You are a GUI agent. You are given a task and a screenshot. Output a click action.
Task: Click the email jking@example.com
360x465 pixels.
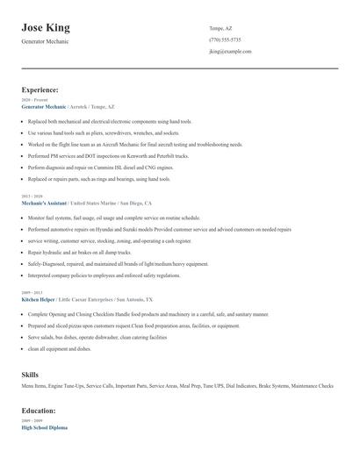[x=230, y=52]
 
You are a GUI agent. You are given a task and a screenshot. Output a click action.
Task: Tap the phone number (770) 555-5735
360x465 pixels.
[x=226, y=39]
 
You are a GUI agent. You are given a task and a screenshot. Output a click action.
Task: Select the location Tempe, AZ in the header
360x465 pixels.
[x=221, y=28]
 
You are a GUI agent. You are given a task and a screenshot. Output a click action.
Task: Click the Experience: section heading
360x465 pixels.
[x=40, y=89]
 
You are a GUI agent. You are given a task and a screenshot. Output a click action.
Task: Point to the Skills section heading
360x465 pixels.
[x=30, y=375]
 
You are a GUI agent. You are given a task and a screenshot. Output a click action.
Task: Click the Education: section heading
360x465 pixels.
[x=39, y=411]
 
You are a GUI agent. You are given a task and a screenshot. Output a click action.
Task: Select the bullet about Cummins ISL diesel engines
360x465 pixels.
[x=100, y=167]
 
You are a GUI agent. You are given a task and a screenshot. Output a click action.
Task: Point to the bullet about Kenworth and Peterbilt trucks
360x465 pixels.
[x=110, y=155]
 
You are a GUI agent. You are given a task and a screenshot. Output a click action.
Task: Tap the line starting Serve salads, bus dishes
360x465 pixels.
[x=92, y=336]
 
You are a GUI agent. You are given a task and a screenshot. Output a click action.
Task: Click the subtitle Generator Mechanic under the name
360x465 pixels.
[x=45, y=41]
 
